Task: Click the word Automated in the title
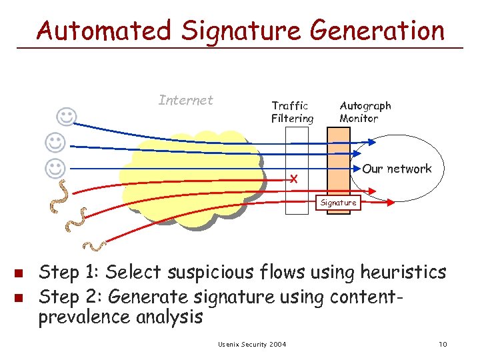pos(103,31)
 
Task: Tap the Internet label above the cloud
pos(186,100)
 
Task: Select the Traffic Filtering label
pos(292,112)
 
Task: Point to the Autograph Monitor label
pos(365,112)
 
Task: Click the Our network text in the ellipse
pos(397,169)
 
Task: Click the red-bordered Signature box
pos(338,202)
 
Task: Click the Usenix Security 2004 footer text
pos(252,344)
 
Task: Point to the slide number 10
pos(443,344)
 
